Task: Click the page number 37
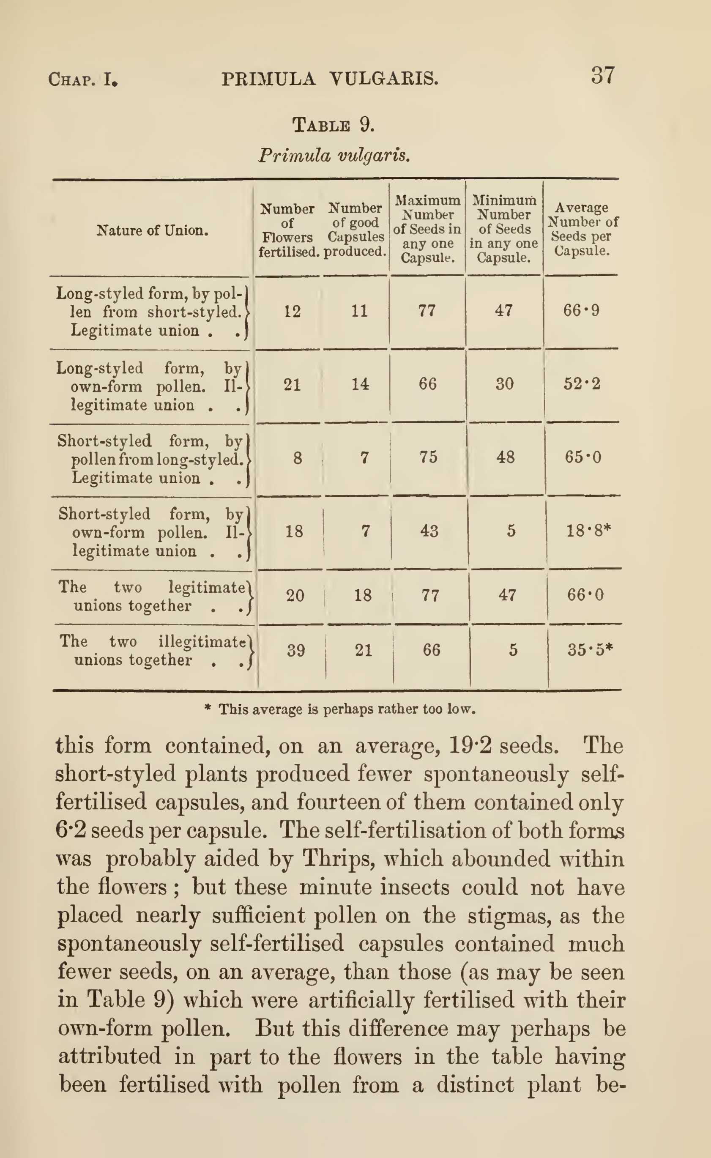pyautogui.click(x=602, y=75)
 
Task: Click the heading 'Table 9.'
pyautogui.click(x=334, y=125)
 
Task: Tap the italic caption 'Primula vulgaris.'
pyautogui.click(x=334, y=155)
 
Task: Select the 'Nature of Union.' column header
pyautogui.click(x=152, y=230)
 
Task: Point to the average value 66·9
pyautogui.click(x=581, y=311)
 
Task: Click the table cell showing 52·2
pyautogui.click(x=582, y=384)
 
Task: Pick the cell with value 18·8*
pyautogui.click(x=588, y=531)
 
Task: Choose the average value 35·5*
pyautogui.click(x=590, y=650)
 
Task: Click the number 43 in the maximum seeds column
pyautogui.click(x=429, y=531)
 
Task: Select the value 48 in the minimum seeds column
pyautogui.click(x=506, y=457)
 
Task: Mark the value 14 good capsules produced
pyautogui.click(x=360, y=384)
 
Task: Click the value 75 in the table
pyautogui.click(x=428, y=457)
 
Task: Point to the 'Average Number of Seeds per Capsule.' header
pyautogui.click(x=582, y=229)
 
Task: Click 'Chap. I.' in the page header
pyautogui.click(x=83, y=79)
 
